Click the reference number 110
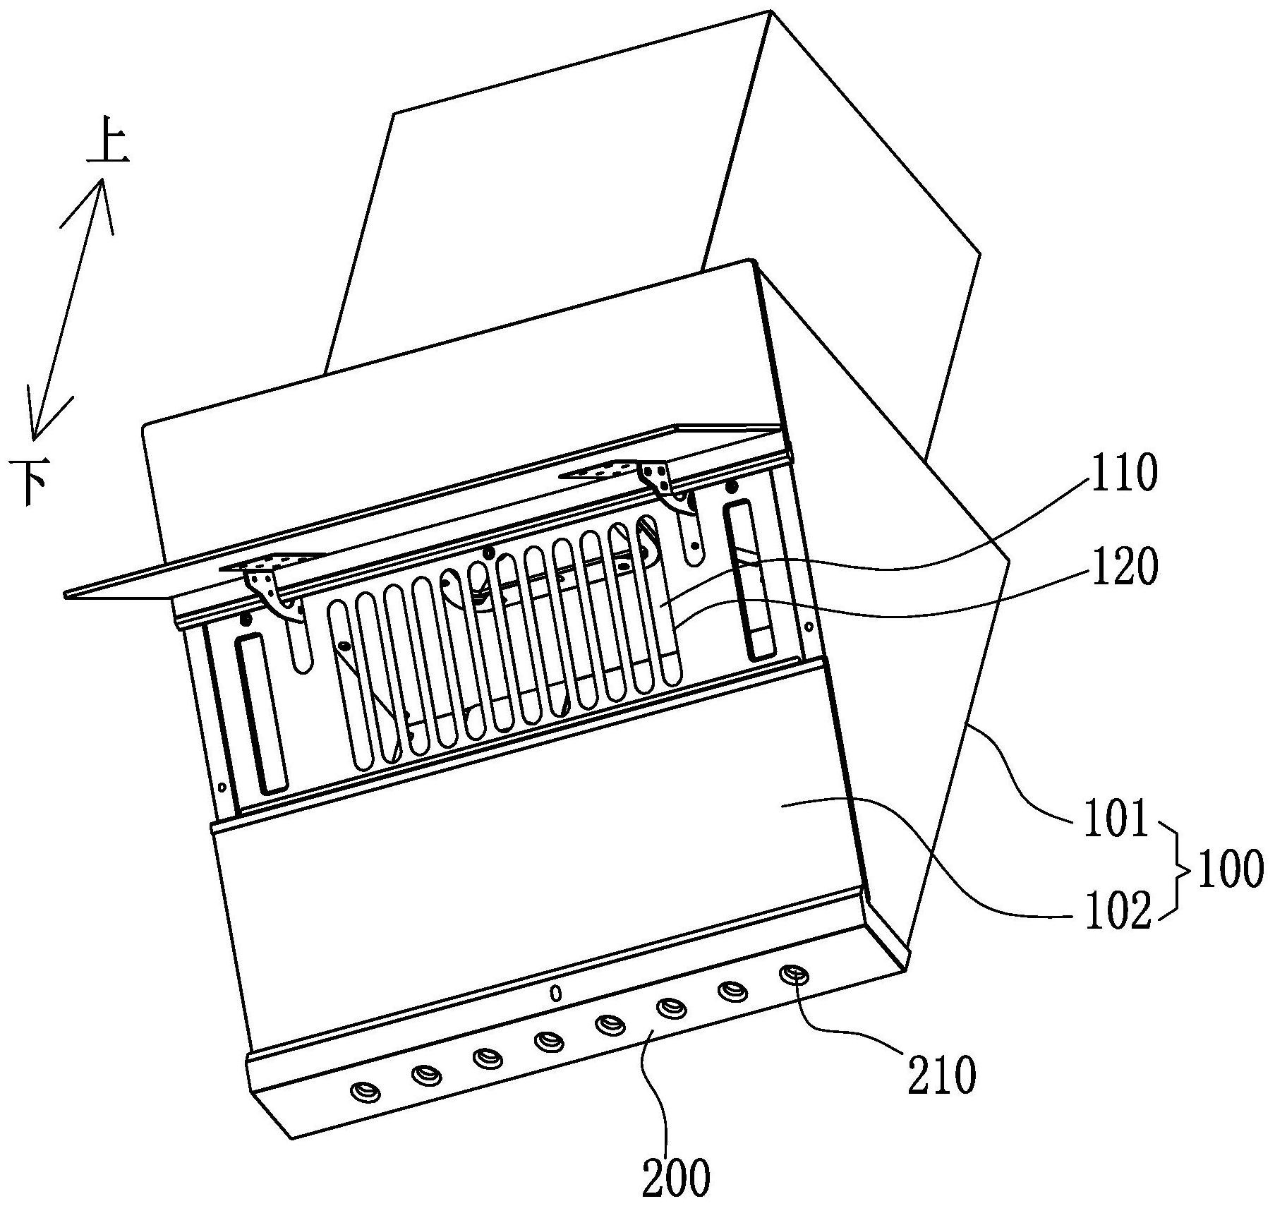pos(1124,474)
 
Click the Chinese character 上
pos(107,145)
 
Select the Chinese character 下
pos(29,481)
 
